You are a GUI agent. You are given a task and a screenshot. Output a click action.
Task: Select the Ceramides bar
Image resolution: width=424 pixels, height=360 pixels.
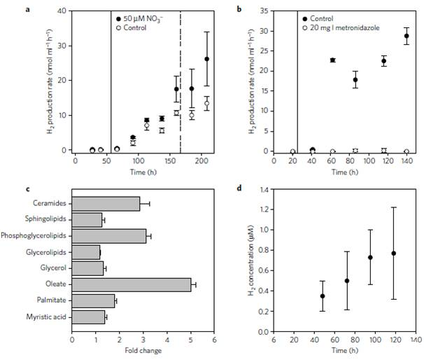(x=106, y=204)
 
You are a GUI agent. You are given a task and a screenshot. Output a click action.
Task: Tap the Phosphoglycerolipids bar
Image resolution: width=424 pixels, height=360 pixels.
(x=109, y=236)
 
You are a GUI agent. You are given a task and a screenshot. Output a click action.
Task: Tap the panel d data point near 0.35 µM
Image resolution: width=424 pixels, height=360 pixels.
(x=323, y=296)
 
